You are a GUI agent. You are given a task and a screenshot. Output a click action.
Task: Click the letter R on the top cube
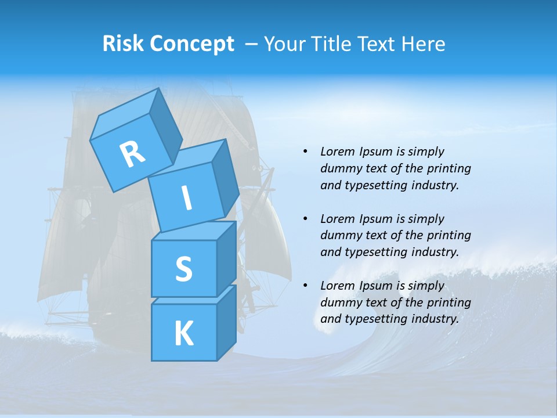[132, 154]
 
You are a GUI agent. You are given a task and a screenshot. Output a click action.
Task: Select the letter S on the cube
[183, 269]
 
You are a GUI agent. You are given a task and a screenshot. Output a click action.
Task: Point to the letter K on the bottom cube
[183, 333]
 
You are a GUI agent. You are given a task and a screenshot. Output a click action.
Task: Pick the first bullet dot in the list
[305, 152]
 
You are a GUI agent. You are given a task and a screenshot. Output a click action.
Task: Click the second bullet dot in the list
[305, 219]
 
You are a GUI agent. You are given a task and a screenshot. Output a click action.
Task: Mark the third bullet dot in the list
[305, 286]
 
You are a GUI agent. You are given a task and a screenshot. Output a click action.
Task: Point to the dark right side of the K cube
[226, 322]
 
